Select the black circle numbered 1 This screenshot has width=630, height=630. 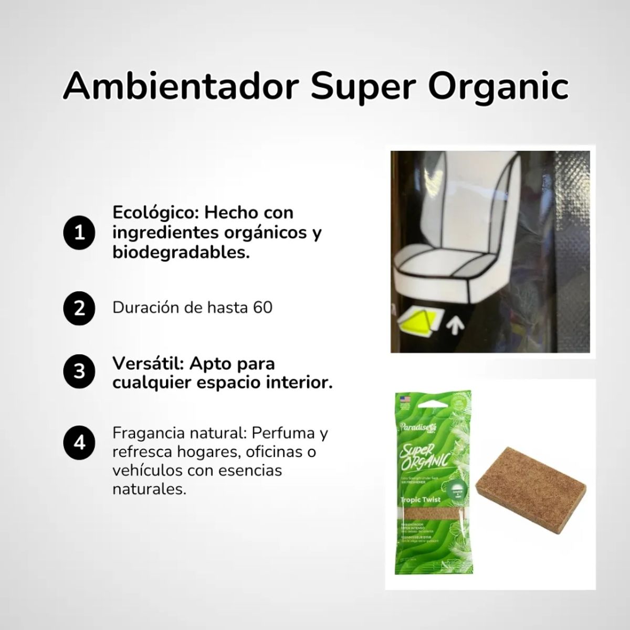[79, 233]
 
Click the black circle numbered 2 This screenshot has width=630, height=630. [79, 308]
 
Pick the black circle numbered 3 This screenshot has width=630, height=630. [79, 372]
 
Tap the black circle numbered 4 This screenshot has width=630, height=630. [79, 443]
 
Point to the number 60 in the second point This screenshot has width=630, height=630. [262, 307]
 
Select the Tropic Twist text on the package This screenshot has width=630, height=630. [420, 500]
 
